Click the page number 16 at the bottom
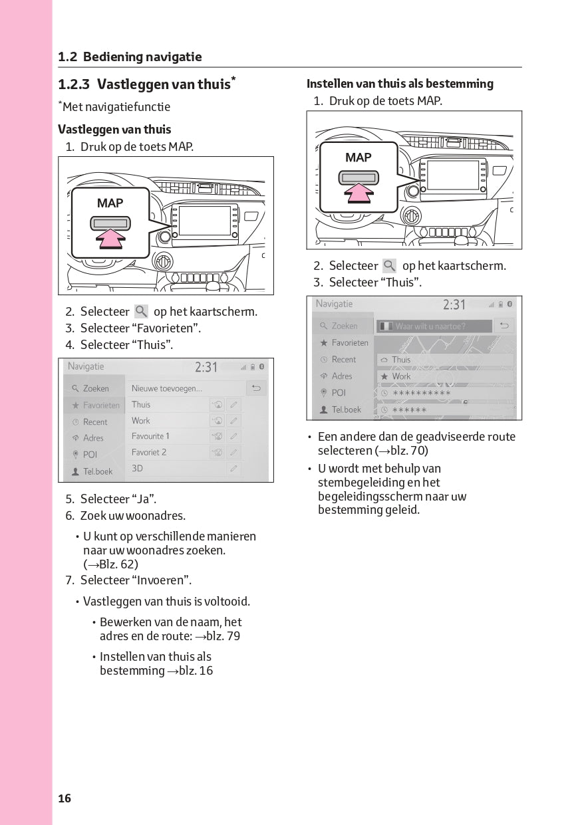click(x=65, y=798)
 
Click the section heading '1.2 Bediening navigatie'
click(x=130, y=57)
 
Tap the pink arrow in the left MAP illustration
click(x=110, y=239)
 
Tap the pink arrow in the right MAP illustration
click(x=359, y=193)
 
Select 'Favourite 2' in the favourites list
click(x=149, y=452)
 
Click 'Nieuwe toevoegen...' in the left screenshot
click(x=167, y=388)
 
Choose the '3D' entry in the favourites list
click(x=137, y=468)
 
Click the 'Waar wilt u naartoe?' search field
click(x=434, y=326)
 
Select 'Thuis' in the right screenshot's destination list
click(x=401, y=360)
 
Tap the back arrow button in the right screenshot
click(x=504, y=326)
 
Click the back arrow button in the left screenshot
click(x=255, y=388)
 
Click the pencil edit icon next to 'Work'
click(x=233, y=421)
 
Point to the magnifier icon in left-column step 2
click(x=141, y=311)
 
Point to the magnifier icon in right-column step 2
click(x=390, y=266)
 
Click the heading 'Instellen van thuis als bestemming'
click(x=400, y=84)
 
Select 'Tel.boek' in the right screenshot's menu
click(x=346, y=410)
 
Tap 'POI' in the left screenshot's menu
click(x=90, y=455)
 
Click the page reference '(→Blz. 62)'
click(x=110, y=564)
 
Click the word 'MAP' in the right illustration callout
click(x=359, y=158)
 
